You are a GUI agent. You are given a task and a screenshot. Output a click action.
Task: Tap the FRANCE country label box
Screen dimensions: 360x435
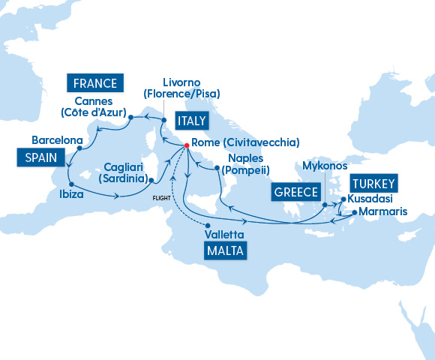(95, 82)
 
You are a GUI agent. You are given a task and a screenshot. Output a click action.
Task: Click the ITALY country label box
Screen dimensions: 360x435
(191, 121)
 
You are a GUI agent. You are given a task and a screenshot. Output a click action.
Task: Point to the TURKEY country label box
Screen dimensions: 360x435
(373, 182)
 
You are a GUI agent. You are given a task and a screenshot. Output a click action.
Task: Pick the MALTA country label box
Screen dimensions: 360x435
(225, 250)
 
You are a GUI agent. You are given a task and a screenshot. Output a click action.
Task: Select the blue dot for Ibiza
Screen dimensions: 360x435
(70, 184)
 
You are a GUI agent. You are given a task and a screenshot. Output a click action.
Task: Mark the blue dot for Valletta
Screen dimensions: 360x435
(208, 225)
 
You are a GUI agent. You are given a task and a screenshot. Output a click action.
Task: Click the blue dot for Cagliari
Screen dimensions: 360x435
(151, 181)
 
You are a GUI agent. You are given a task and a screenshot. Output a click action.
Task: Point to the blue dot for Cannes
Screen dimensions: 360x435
(130, 117)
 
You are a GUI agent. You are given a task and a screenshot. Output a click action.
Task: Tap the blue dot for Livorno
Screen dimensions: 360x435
(164, 118)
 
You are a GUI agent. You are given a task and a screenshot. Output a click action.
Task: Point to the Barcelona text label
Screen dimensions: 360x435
(57, 139)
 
